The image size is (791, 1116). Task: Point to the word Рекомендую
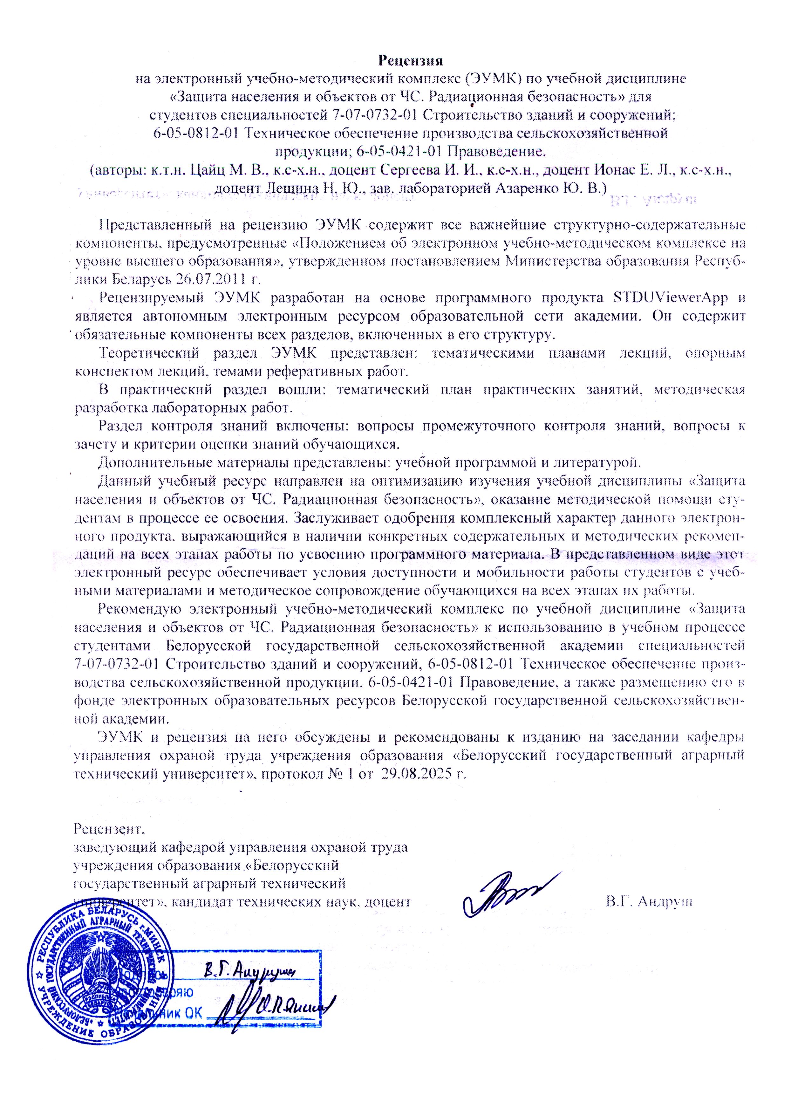[x=140, y=609]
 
